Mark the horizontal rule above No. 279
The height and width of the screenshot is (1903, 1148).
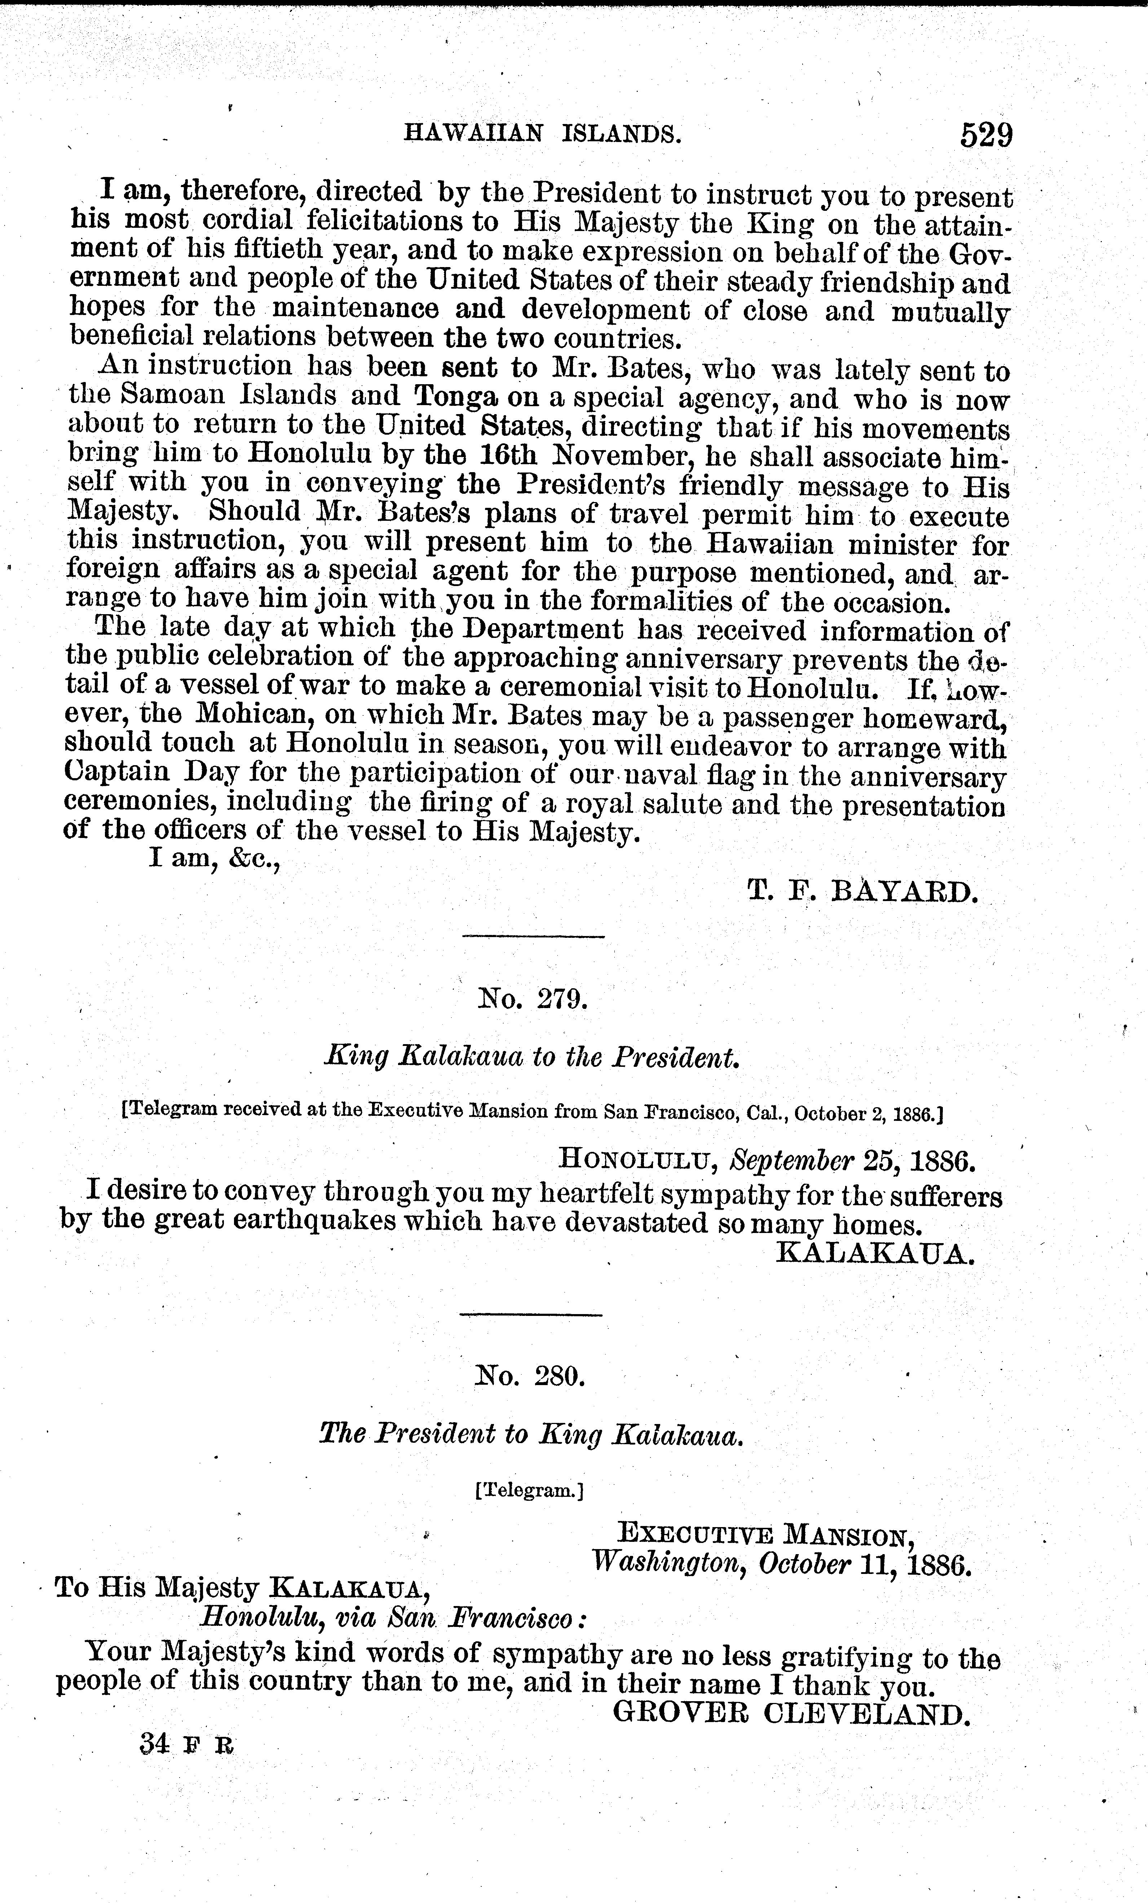tap(533, 937)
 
